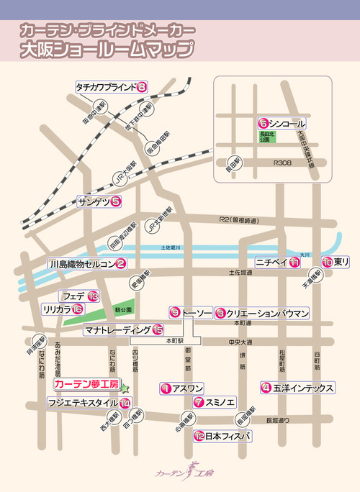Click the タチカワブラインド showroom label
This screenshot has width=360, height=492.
(106, 87)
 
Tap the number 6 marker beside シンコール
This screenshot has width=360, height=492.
(264, 122)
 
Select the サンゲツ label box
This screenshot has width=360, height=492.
(94, 203)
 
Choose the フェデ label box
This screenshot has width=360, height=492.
(74, 296)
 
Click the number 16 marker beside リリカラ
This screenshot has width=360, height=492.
(77, 309)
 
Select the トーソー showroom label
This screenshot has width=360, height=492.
(197, 313)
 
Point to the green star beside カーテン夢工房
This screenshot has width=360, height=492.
(124, 388)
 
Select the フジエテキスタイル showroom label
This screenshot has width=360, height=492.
(82, 403)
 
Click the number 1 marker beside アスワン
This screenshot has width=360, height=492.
(166, 388)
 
